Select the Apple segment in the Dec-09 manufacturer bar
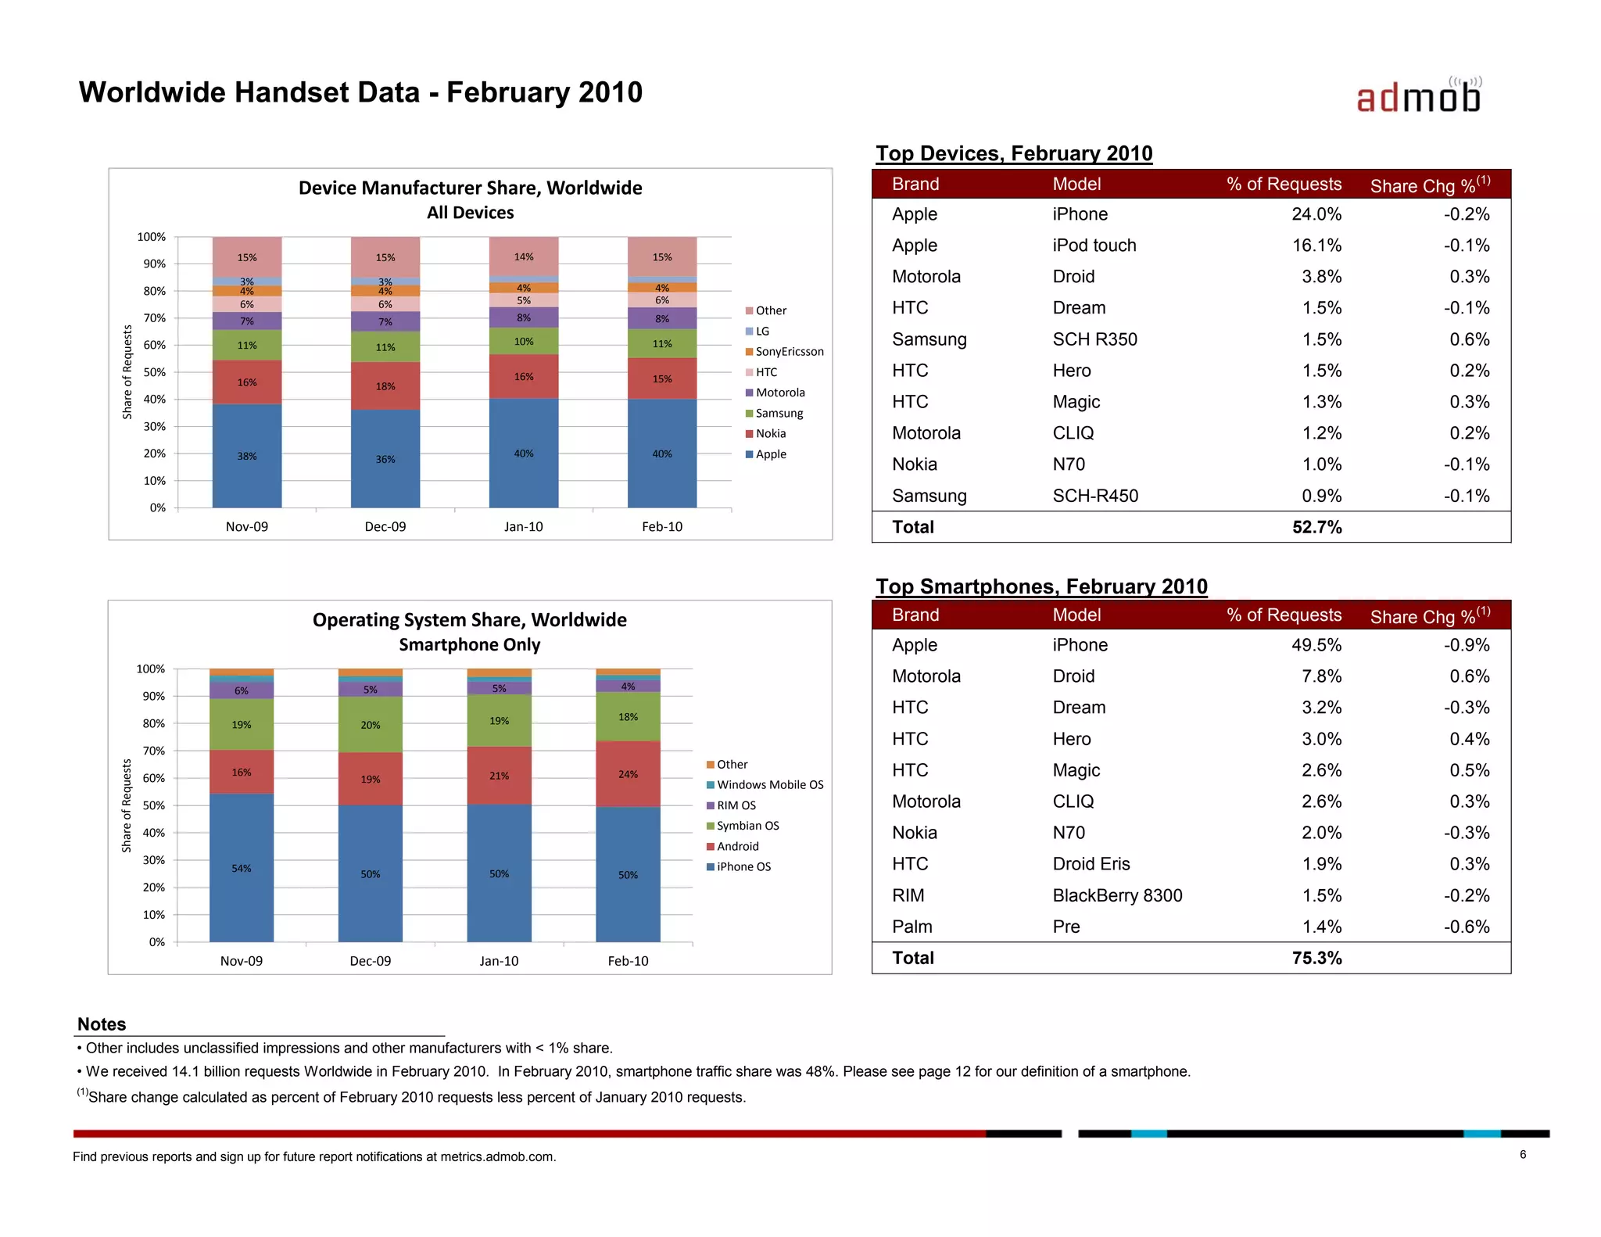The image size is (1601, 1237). (x=385, y=459)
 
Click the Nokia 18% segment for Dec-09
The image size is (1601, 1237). (x=385, y=386)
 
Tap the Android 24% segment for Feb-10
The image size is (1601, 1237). (x=628, y=774)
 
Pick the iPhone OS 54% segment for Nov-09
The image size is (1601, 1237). (x=242, y=868)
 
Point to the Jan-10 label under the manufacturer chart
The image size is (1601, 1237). (x=523, y=527)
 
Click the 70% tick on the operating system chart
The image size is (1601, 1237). (x=153, y=751)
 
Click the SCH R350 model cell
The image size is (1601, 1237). (x=1094, y=339)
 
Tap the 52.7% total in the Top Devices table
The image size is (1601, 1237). (x=1316, y=527)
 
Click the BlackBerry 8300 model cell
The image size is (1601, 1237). (x=1117, y=895)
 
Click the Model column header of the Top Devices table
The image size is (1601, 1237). (x=1076, y=185)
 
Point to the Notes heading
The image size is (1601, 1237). (x=102, y=1024)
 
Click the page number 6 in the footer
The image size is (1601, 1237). (x=1522, y=1155)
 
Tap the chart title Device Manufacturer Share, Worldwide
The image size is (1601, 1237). (x=470, y=188)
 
